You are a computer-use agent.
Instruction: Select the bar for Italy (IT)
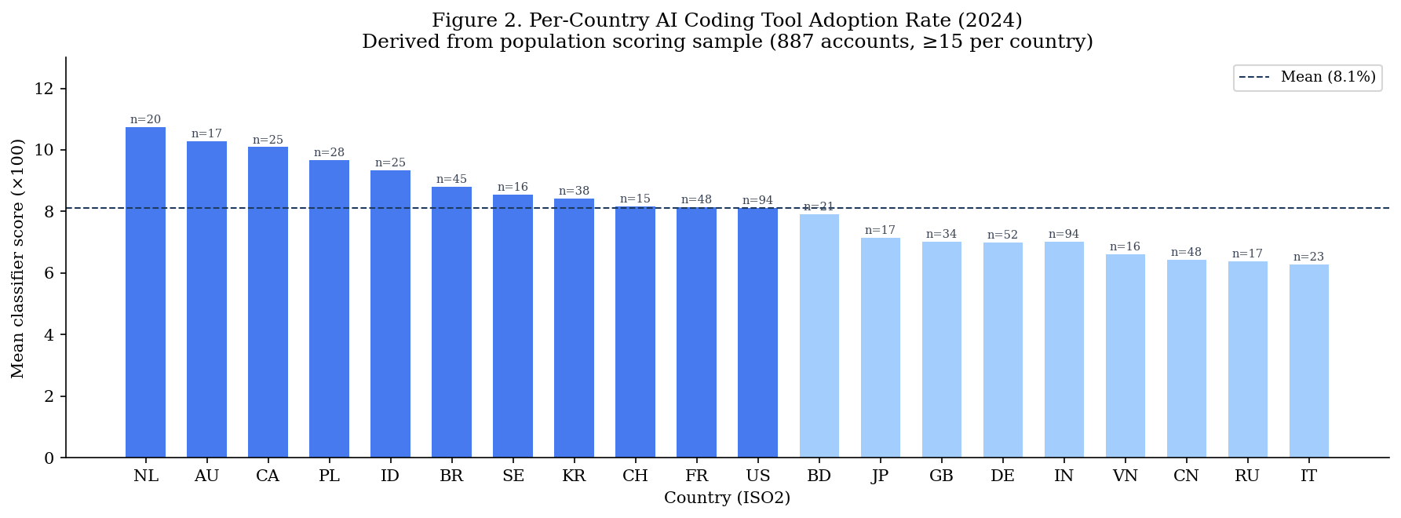pyautogui.click(x=1308, y=361)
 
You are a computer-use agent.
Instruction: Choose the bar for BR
pyautogui.click(x=451, y=322)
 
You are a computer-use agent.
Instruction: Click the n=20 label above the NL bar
pyautogui.click(x=145, y=120)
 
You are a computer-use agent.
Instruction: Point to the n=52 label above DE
pyautogui.click(x=1002, y=235)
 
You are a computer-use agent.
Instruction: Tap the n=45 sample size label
pyautogui.click(x=451, y=180)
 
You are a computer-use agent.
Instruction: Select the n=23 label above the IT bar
pyautogui.click(x=1308, y=257)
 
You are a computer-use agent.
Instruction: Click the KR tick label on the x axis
pyautogui.click(x=574, y=476)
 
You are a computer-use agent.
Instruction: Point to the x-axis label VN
pyautogui.click(x=1125, y=476)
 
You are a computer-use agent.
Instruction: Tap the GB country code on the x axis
pyautogui.click(x=941, y=476)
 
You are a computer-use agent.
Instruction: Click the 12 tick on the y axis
pyautogui.click(x=45, y=89)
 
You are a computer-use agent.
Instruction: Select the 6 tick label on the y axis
pyautogui.click(x=49, y=273)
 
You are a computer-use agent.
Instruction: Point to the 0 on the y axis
pyautogui.click(x=49, y=458)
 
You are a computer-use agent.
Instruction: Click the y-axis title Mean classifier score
pyautogui.click(x=18, y=258)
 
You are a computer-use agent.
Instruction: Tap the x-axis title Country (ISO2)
pyautogui.click(x=727, y=498)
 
